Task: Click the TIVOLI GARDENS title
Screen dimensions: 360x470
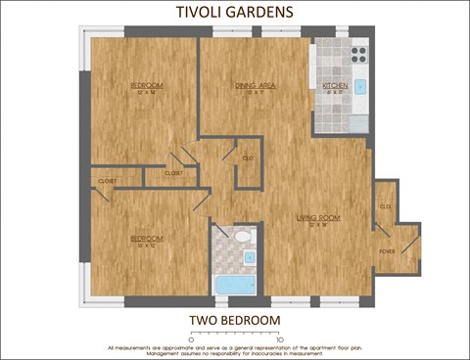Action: click(235, 12)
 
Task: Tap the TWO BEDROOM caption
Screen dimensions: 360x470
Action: click(235, 320)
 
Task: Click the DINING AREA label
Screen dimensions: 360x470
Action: click(254, 86)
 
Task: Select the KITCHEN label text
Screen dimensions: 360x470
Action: click(335, 86)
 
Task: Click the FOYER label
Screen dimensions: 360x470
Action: click(388, 250)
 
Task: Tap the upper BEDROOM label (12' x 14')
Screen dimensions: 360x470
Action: click(147, 86)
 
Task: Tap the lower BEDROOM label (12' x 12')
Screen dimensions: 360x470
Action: click(147, 239)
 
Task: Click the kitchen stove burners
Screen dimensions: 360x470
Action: click(358, 52)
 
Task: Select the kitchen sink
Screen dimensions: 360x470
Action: click(359, 87)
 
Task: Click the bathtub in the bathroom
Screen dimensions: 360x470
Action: click(234, 285)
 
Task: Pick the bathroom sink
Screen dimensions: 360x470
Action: click(250, 257)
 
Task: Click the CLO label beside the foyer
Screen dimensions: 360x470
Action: click(385, 206)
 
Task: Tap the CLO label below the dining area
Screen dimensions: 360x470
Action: click(249, 157)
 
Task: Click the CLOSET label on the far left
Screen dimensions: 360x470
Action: click(107, 181)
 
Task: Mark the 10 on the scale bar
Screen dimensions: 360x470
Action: click(279, 339)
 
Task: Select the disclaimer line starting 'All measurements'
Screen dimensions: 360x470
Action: click(235, 347)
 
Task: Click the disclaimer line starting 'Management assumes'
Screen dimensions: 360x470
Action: click(235, 353)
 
